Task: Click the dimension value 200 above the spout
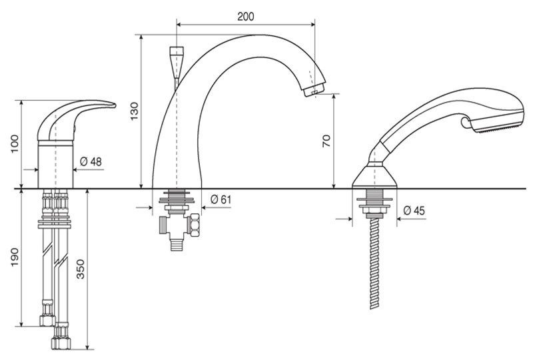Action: click(x=245, y=16)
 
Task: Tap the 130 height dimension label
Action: click(x=135, y=111)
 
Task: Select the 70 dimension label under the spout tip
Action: click(x=326, y=141)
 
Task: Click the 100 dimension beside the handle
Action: click(x=15, y=144)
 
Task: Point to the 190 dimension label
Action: click(x=15, y=257)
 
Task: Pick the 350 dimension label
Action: click(x=80, y=269)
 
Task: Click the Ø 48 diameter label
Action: click(x=91, y=161)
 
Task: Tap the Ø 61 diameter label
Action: click(x=221, y=199)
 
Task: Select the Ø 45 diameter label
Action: click(x=414, y=211)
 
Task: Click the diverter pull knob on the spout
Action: click(x=177, y=63)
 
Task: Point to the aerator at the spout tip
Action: click(x=314, y=91)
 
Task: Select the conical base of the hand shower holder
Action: click(x=374, y=176)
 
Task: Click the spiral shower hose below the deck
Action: click(x=374, y=263)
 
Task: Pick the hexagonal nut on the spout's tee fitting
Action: click(x=195, y=225)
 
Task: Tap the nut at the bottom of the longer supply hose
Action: click(x=61, y=342)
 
